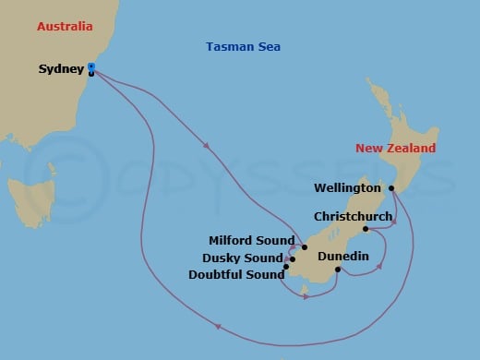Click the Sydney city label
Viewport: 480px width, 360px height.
(x=62, y=69)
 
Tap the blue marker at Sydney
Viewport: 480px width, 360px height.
(x=91, y=66)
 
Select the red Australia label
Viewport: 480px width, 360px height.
(x=66, y=27)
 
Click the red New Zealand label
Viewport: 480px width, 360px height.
(x=396, y=149)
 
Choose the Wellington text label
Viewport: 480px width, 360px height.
(x=347, y=188)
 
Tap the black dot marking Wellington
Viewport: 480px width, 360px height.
(x=391, y=188)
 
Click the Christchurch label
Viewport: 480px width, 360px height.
(x=353, y=216)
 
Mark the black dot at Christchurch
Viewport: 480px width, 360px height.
(x=366, y=229)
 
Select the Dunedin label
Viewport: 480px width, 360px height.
(x=343, y=256)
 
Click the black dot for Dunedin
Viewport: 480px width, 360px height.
(x=338, y=270)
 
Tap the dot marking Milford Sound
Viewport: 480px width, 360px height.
(x=304, y=247)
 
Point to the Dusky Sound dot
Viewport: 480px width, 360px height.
(x=292, y=259)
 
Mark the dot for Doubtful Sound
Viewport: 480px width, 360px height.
(x=286, y=268)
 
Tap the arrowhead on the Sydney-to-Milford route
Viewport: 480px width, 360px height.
(x=204, y=145)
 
